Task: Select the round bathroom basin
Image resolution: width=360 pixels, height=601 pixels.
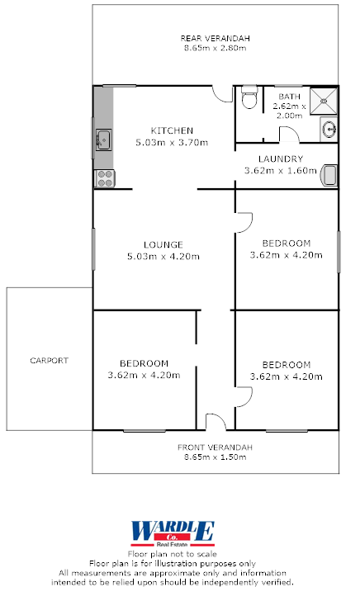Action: click(x=328, y=129)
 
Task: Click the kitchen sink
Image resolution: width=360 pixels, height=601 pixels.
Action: click(x=103, y=139)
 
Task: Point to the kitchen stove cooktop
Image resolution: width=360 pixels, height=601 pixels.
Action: click(x=104, y=176)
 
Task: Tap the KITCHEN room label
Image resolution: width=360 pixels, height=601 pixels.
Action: click(x=172, y=130)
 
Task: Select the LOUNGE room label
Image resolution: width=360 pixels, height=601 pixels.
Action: click(x=163, y=244)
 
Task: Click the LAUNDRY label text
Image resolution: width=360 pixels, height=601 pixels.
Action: click(x=280, y=159)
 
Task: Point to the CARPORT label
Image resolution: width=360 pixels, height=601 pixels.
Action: click(x=49, y=361)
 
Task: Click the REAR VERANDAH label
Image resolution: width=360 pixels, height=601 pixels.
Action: click(x=216, y=39)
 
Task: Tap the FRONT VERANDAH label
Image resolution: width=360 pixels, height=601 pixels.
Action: click(x=216, y=447)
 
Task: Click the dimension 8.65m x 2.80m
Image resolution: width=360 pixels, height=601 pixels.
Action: click(x=216, y=49)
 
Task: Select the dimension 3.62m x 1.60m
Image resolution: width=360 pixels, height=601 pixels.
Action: click(x=280, y=171)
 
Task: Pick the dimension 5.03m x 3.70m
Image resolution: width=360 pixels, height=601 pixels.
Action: click(x=172, y=142)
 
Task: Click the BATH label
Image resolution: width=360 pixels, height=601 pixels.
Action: click(x=290, y=97)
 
